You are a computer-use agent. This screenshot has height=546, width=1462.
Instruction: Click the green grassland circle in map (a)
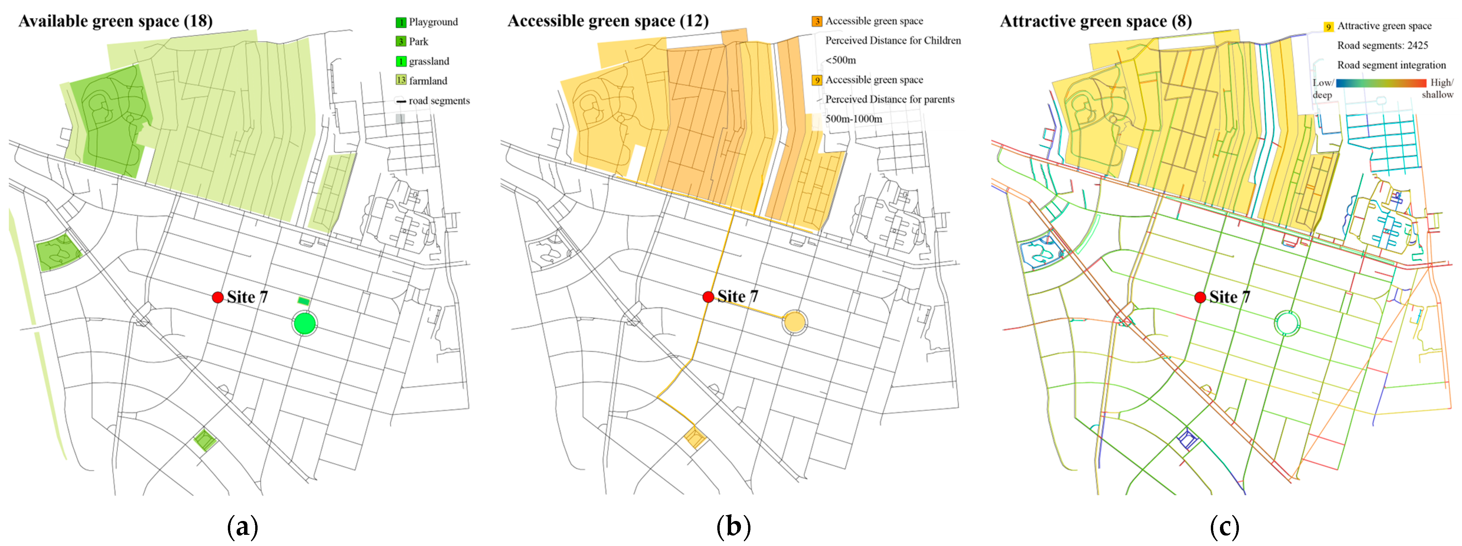click(305, 324)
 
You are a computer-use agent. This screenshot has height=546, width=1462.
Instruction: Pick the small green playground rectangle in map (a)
click(304, 301)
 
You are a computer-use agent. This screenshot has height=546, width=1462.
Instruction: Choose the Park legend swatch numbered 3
click(401, 42)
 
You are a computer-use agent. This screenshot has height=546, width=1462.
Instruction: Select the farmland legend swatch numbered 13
click(401, 80)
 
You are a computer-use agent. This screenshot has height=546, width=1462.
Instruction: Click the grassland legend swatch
click(401, 61)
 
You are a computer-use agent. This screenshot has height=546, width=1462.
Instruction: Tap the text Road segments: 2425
click(1383, 45)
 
